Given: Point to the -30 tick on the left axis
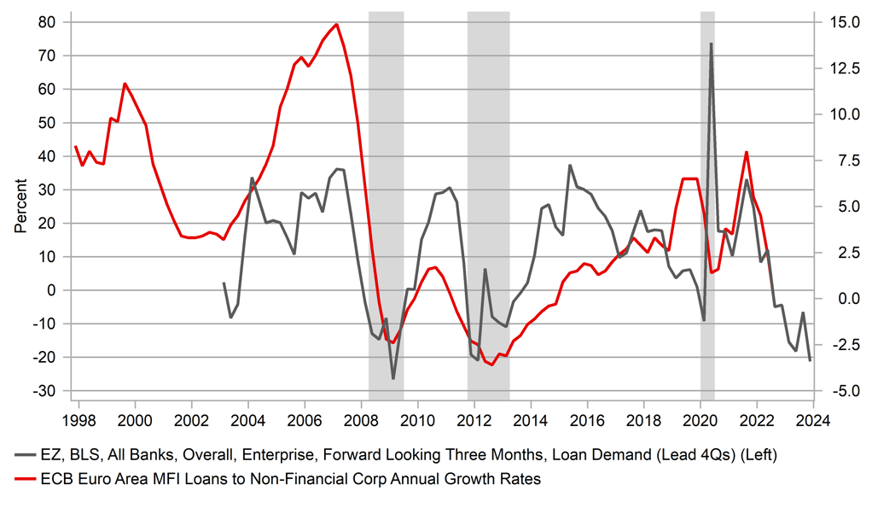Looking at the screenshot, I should [47, 391].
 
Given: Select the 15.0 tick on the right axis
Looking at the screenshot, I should [839, 21].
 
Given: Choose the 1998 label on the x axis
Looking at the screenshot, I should [79, 420].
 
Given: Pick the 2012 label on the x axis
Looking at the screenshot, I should [474, 420].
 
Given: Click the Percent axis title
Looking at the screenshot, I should [20, 206].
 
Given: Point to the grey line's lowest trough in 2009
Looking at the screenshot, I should [393, 378].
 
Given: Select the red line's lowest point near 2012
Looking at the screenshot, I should [491, 365].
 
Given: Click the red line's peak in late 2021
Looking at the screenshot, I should [747, 152].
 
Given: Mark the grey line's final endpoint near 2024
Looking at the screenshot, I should [810, 360].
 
